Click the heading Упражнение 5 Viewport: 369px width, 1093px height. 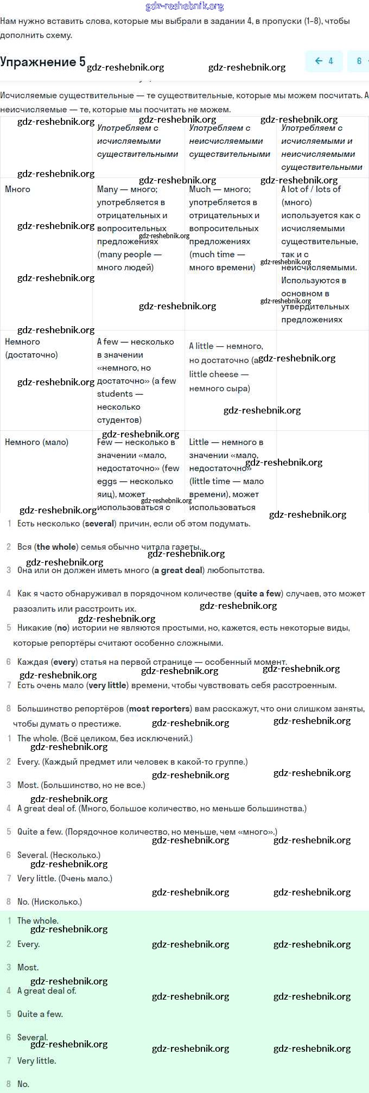[x=43, y=62]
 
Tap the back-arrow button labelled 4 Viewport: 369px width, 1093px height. [x=324, y=61]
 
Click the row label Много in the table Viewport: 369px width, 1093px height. [x=18, y=189]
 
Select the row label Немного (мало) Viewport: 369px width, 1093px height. [x=36, y=442]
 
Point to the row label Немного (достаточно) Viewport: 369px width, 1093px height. [x=31, y=348]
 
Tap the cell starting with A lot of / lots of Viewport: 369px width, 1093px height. [x=320, y=254]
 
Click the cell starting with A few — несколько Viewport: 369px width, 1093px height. [x=136, y=380]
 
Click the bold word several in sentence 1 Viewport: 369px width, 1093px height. [x=99, y=524]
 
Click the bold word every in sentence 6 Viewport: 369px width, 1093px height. [x=64, y=662]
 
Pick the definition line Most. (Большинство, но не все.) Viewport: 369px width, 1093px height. [x=81, y=785]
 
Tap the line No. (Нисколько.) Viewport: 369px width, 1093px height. [x=49, y=902]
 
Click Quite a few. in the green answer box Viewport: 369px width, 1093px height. [x=40, y=1014]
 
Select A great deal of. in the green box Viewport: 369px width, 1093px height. [x=47, y=990]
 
